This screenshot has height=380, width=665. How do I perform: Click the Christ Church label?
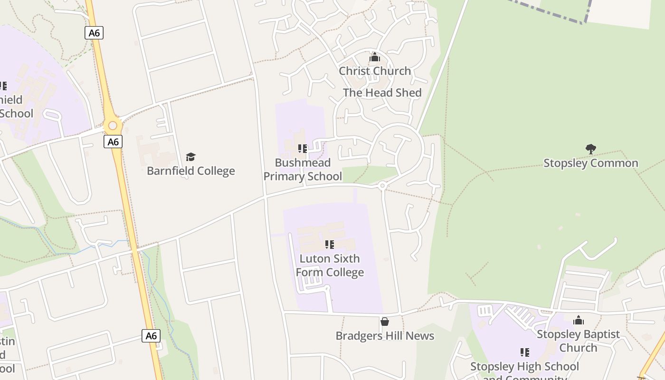[375, 71]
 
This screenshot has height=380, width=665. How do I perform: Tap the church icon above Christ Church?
[375, 57]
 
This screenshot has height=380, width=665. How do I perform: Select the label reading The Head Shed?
[382, 93]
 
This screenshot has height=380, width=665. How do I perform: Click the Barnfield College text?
[190, 171]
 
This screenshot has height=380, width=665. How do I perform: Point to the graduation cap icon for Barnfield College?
[190, 157]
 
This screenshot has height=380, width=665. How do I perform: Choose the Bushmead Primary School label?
[303, 170]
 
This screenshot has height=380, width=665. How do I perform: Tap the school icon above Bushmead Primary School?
[303, 149]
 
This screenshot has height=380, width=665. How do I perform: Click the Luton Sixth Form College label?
[330, 266]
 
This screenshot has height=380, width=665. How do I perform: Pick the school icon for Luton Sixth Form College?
[330, 245]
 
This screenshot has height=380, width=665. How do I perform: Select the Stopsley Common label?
[590, 163]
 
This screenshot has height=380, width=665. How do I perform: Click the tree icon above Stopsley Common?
[590, 149]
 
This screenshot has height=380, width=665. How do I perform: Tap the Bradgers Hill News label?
[385, 336]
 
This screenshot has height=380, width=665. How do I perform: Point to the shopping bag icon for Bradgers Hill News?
[385, 322]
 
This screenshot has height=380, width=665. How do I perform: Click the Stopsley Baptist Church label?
[578, 341]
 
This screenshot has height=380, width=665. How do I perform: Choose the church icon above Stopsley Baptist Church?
[578, 320]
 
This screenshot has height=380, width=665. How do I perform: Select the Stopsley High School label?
[524, 367]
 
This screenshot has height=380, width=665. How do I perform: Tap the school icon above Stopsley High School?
[524, 352]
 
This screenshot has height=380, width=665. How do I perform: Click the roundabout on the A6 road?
[113, 126]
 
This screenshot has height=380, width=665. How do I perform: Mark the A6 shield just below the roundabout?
[113, 142]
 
